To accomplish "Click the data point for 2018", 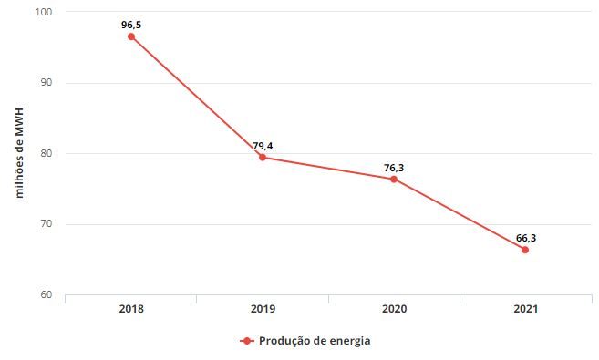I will tap(131, 36).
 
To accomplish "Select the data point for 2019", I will tap(263, 158).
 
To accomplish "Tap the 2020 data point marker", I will tap(394, 179).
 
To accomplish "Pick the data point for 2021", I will tap(525, 250).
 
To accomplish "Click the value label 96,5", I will tap(131, 25).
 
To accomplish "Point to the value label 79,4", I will tap(263, 146).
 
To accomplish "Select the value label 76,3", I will tap(394, 167).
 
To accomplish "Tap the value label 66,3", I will tap(525, 238).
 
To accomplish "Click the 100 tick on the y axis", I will tap(45, 12).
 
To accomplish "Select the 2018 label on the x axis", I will tap(131, 309).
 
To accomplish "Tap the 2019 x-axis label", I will tap(263, 309).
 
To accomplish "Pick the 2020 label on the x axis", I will tap(394, 309).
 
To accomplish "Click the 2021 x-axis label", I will tap(525, 309).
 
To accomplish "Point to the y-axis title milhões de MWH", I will tap(17, 153).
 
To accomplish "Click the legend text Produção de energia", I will tap(315, 341).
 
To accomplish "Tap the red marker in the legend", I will tap(246, 341).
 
